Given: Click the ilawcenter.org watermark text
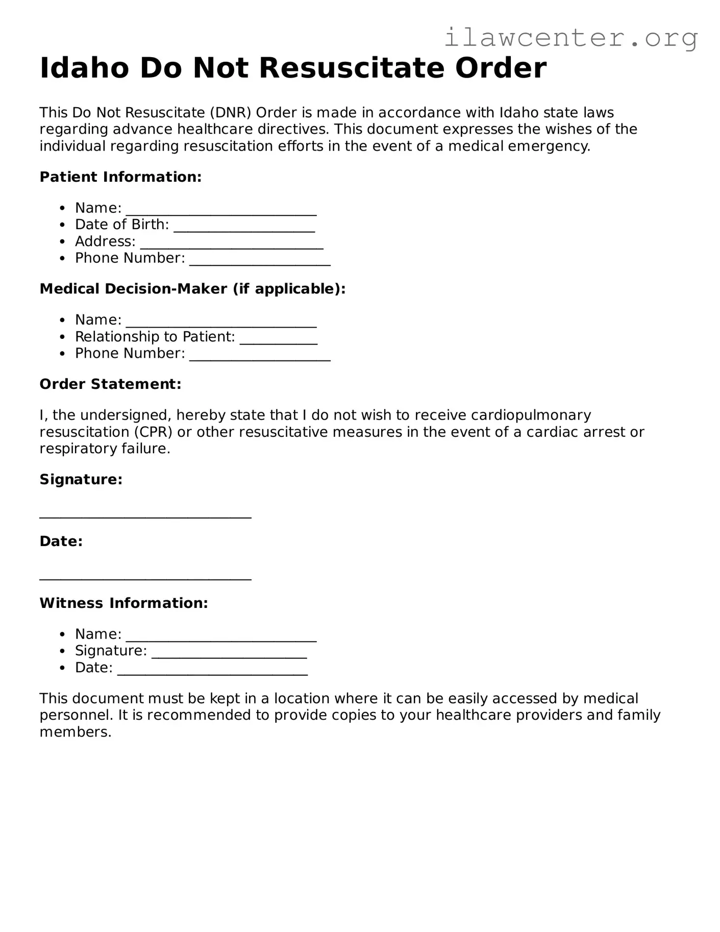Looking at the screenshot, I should (570, 38).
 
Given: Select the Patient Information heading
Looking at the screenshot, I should (120, 177).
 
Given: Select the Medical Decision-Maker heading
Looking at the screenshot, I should (192, 289).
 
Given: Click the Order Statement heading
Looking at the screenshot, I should (110, 384).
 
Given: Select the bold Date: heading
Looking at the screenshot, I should (61, 542).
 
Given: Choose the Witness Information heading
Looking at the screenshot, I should (123, 603).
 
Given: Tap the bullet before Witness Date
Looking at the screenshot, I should (62, 668).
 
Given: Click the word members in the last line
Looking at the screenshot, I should (75, 732).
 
